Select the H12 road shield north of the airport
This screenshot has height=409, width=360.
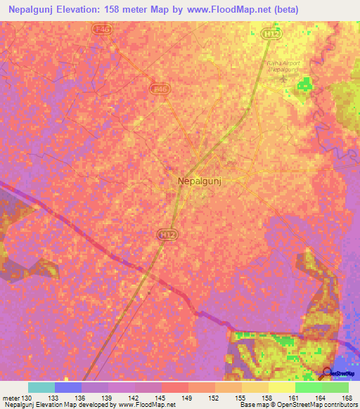(267, 33)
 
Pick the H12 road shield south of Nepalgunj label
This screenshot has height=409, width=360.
(166, 233)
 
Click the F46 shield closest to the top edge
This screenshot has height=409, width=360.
(102, 29)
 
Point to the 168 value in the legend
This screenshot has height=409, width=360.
(346, 397)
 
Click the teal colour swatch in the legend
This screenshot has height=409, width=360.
(41, 387)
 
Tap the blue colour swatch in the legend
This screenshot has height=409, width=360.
(68, 387)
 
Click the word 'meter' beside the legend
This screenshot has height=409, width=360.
(11, 397)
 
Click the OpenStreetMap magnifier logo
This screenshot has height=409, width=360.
(328, 373)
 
